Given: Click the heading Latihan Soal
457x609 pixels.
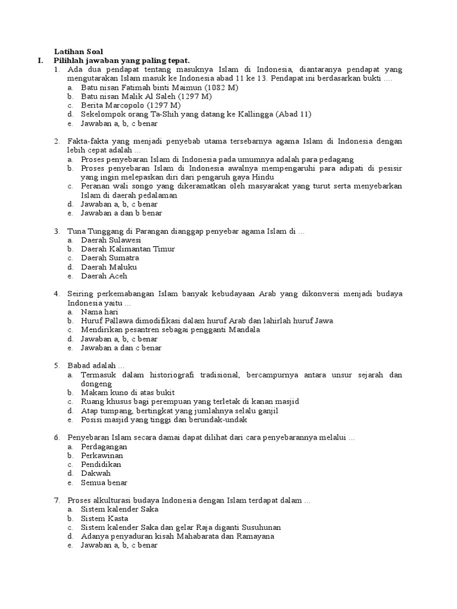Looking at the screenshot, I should pos(79,52).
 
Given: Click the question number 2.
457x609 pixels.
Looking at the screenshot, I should pos(57,142).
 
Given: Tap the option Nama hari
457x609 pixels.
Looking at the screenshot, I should pos(99,312).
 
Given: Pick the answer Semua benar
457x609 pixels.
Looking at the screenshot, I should pos(104,482).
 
